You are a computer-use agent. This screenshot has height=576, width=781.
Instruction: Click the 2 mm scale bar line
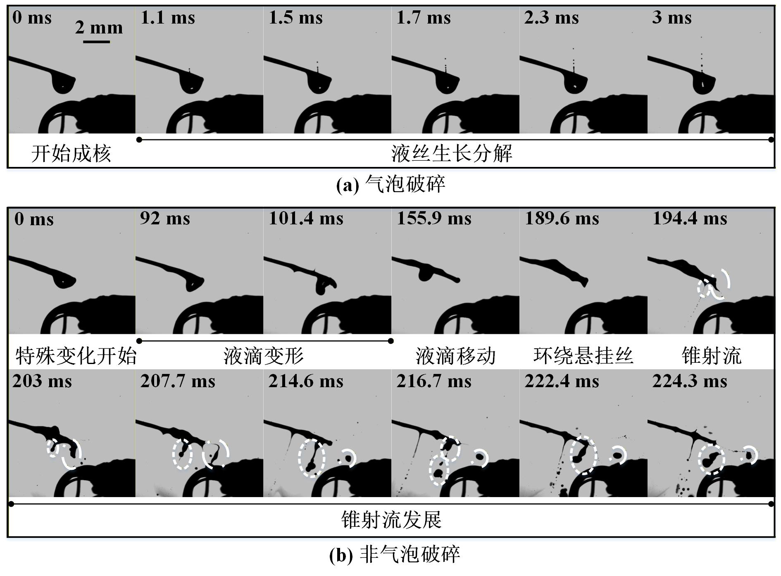tap(96, 41)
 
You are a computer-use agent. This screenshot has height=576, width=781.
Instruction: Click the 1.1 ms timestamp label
tap(167, 18)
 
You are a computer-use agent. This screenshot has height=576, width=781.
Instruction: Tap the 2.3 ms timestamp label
tap(551, 18)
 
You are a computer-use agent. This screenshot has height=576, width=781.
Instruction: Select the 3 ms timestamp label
tap(671, 18)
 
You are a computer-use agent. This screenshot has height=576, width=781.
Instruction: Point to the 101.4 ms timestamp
tap(306, 218)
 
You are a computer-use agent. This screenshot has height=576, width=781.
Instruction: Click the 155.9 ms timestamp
tap(434, 218)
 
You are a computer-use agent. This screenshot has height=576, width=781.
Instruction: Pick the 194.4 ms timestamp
tap(690, 218)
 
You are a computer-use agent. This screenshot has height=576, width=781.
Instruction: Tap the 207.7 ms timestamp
tap(178, 381)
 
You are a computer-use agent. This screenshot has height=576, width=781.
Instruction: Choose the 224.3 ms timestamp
tap(690, 381)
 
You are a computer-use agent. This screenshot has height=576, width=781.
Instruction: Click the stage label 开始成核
tap(71, 154)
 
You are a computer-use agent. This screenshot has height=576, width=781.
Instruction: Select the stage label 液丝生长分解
tap(452, 153)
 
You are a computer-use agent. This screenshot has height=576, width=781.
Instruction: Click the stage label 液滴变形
tap(264, 356)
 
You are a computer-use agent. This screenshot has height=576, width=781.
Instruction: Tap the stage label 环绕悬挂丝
tap(583, 355)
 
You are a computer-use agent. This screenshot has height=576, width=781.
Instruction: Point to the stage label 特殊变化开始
tap(76, 356)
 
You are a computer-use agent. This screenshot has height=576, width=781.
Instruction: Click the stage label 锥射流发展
tap(391, 519)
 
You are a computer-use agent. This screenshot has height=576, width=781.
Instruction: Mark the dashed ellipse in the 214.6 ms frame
tap(312, 458)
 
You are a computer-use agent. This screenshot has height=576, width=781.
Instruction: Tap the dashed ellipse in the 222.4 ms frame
tap(583, 455)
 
